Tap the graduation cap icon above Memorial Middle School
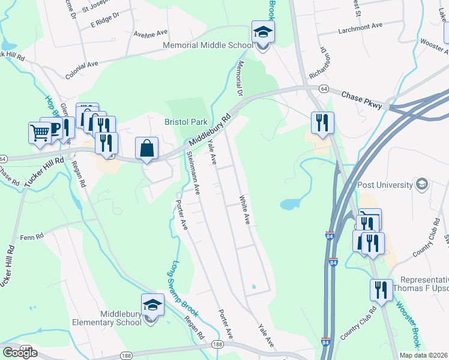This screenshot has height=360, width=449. [x=262, y=32]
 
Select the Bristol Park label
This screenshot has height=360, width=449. [x=186, y=122]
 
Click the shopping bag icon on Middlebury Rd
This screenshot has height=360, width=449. [x=146, y=148]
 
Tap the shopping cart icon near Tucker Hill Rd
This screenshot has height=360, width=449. [x=40, y=133]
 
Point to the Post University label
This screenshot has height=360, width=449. [x=385, y=185]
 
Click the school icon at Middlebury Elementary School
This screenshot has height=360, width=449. [x=152, y=304]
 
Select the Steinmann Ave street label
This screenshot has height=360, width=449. [x=194, y=172]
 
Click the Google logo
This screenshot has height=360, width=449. [x=20, y=353]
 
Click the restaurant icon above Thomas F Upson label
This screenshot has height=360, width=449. [x=381, y=290]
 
